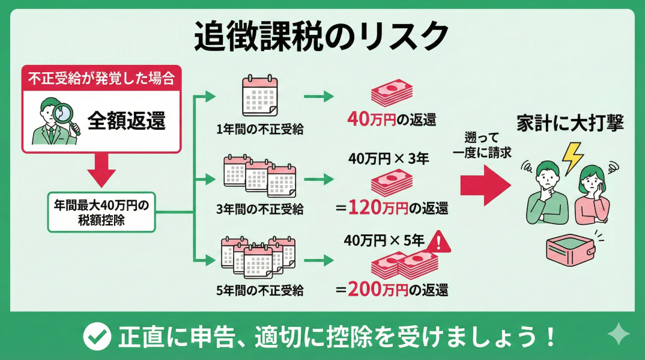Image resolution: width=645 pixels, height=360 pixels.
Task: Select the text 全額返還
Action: click(x=127, y=121)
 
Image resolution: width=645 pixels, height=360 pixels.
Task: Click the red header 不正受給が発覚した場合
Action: click(x=101, y=78)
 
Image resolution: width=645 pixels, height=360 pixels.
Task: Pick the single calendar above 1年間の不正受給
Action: click(x=259, y=96)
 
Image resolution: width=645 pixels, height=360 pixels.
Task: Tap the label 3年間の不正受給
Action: click(x=260, y=209)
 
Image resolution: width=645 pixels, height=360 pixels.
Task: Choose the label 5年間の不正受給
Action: click(x=259, y=291)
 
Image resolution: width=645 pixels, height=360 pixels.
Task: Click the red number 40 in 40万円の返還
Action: click(x=359, y=119)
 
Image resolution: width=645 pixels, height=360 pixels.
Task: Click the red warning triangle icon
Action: click(x=441, y=241)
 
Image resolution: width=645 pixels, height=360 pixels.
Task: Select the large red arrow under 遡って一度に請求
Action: click(x=485, y=186)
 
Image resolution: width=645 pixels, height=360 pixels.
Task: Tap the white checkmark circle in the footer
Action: click(x=97, y=337)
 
